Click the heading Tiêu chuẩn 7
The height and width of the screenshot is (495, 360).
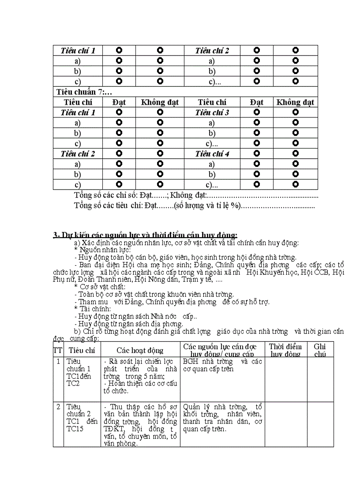[x=84, y=92]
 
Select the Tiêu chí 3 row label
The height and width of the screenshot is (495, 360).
[x=212, y=112]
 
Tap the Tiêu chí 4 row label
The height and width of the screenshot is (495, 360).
[x=212, y=154]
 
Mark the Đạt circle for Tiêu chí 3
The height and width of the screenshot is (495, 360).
[x=256, y=112]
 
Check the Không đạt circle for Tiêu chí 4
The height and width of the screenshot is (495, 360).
[x=295, y=154]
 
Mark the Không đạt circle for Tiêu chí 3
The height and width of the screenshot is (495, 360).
[x=295, y=112]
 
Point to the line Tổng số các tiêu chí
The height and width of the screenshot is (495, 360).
[x=194, y=205]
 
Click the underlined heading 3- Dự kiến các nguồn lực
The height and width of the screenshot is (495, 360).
[x=145, y=235]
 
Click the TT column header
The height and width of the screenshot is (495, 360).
[x=58, y=350]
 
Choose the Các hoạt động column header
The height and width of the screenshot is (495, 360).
[x=140, y=350]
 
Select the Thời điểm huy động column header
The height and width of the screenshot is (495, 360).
[x=285, y=350]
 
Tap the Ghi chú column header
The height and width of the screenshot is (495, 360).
[x=320, y=350]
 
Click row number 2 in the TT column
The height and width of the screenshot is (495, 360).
[x=58, y=406]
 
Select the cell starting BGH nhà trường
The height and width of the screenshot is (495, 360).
[x=222, y=365]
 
